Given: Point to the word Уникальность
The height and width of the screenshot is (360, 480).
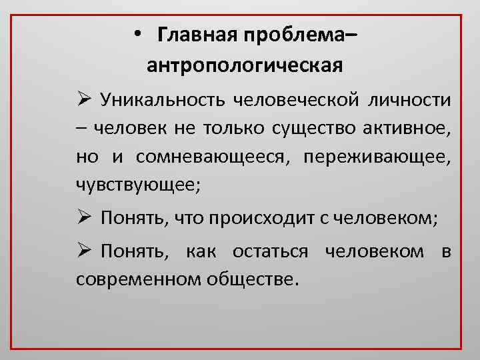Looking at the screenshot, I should coord(163,101).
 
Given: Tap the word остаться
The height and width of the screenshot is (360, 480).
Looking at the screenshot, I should coord(270,251).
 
